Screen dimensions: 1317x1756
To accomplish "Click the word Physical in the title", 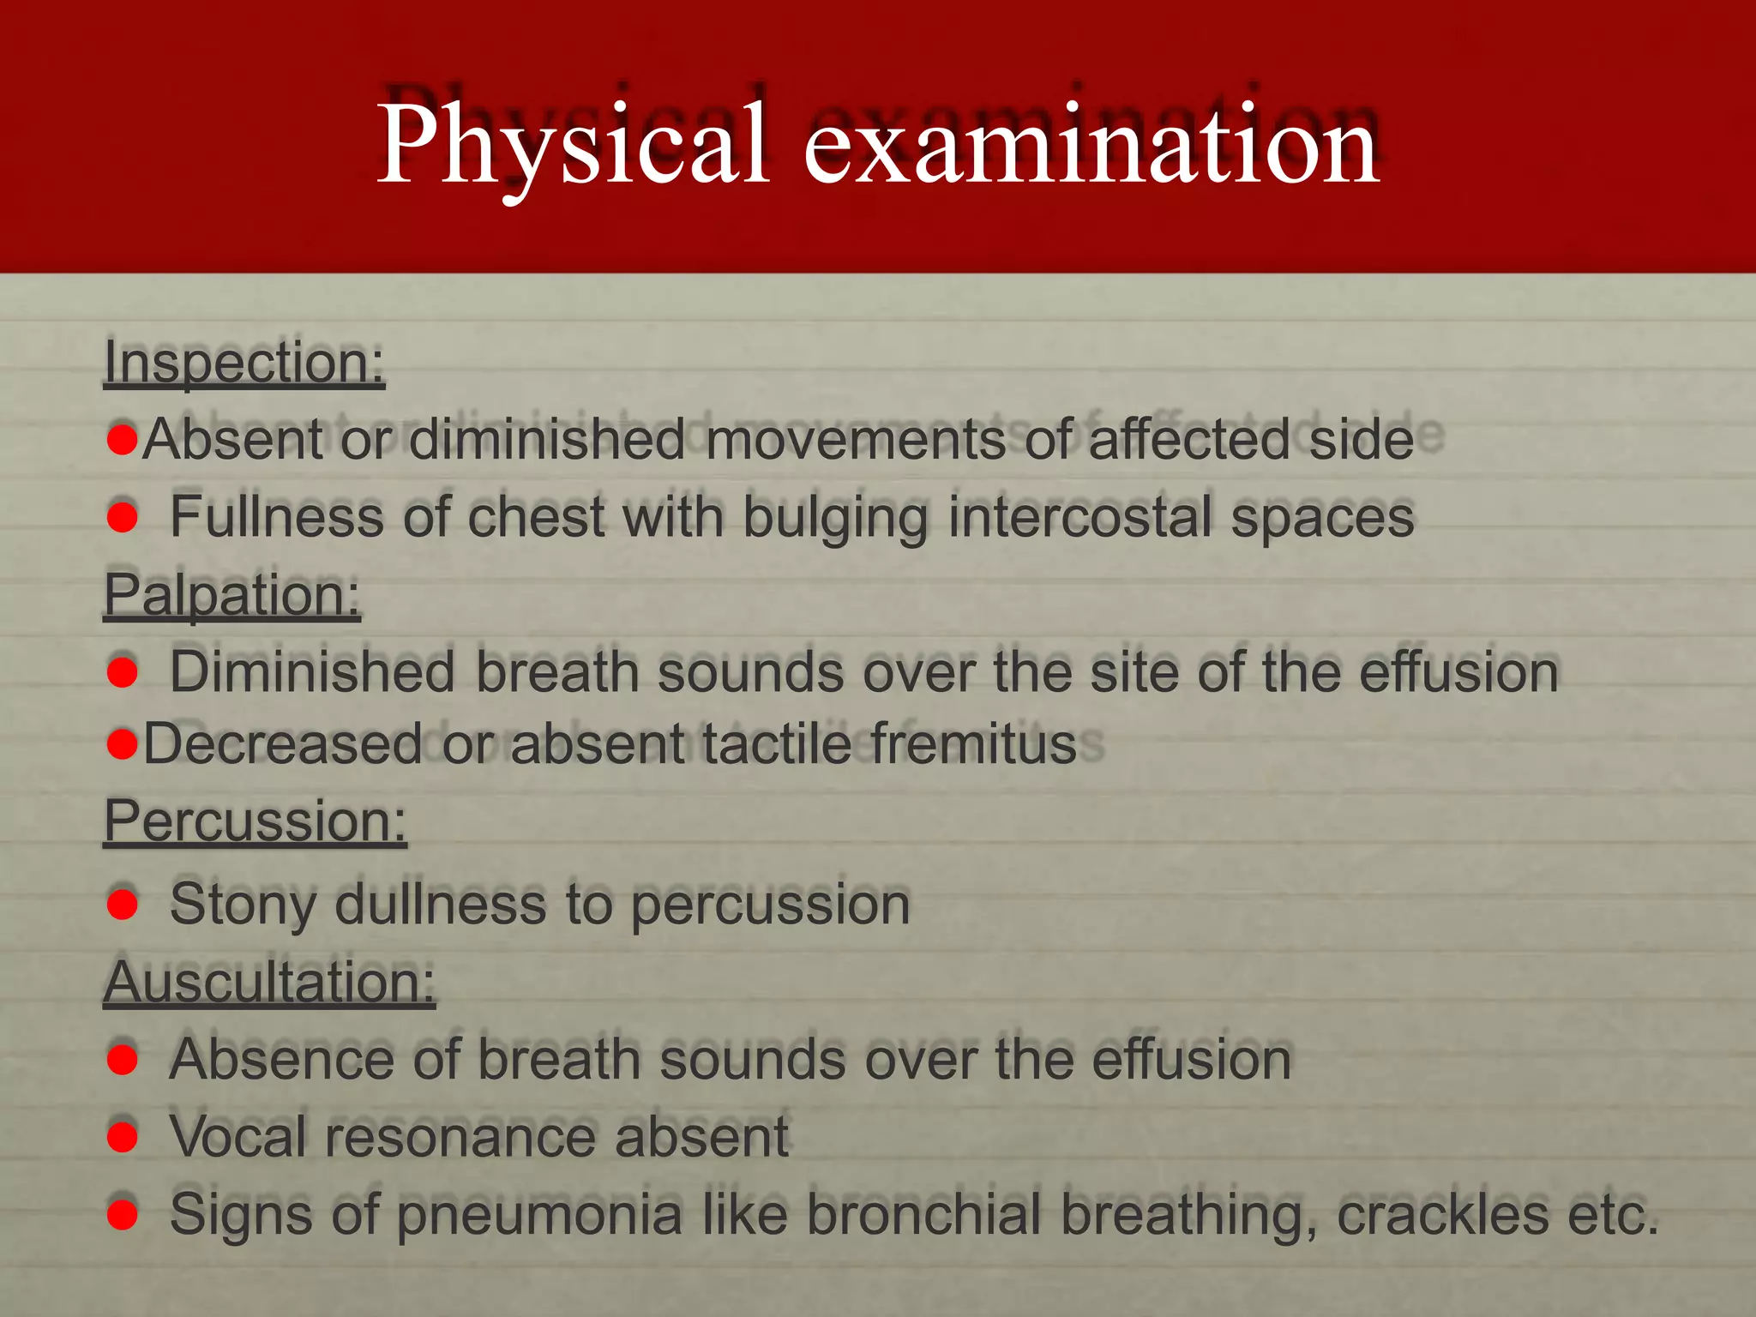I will tap(572, 144).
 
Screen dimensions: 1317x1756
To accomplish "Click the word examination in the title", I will tap(1091, 144).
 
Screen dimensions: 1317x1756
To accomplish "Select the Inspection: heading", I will tap(244, 362).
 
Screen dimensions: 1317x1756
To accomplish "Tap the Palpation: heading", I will tap(232, 593).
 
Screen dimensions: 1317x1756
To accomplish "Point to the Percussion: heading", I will tap(255, 821).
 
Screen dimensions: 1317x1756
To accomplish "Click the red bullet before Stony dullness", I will tap(123, 904).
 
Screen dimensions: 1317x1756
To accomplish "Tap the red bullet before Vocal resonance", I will tap(123, 1137).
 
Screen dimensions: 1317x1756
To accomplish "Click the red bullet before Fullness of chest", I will tap(123, 517).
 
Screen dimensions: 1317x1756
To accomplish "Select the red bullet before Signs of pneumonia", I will tap(123, 1214).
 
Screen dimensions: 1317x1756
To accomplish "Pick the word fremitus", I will tap(974, 743).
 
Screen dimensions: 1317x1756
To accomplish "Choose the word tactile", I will tap(777, 743).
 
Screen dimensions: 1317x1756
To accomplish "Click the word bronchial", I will tap(923, 1214).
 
